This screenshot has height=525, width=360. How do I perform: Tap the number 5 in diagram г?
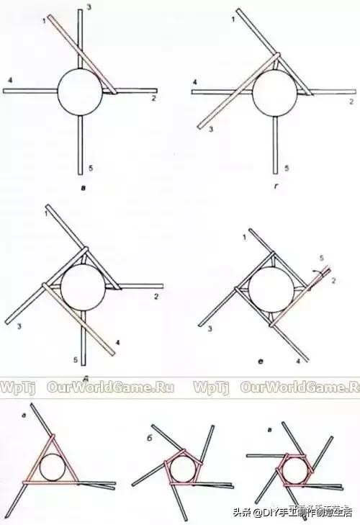tap(286, 168)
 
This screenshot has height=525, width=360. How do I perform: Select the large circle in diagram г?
tap(274, 91)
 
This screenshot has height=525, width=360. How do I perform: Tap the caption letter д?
tap(86, 375)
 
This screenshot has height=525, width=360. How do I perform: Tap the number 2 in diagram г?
tap(351, 101)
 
